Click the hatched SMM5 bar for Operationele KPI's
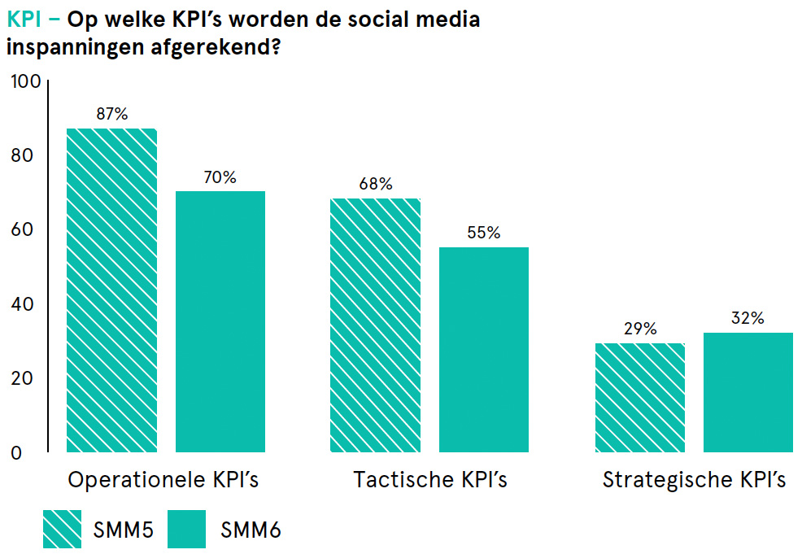pyautogui.click(x=111, y=290)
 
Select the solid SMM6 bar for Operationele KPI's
pyautogui.click(x=220, y=321)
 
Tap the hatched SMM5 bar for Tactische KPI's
pyautogui.click(x=375, y=325)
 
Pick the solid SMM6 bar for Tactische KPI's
pyautogui.click(x=484, y=349)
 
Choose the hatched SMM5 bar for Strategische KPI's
pyautogui.click(x=639, y=397)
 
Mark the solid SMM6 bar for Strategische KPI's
pyautogui.click(x=748, y=392)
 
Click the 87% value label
pyautogui.click(x=111, y=115)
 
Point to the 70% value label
pyautogui.click(x=220, y=177)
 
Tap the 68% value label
pyautogui.click(x=375, y=185)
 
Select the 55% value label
pyautogui.click(x=484, y=233)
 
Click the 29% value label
pyautogui.click(x=639, y=329)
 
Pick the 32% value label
pyautogui.click(x=748, y=318)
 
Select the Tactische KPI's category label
pyautogui.click(x=430, y=480)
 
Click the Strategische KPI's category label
pyautogui.click(x=694, y=480)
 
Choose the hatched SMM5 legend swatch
pyautogui.click(x=74, y=529)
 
